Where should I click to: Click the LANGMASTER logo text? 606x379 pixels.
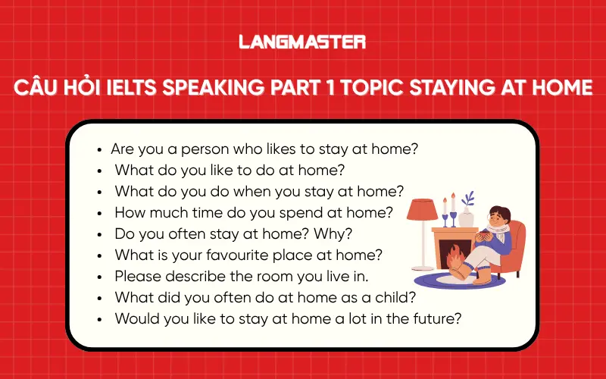(302, 42)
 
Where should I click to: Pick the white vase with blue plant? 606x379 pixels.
(467, 216)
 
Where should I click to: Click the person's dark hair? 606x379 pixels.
(499, 210)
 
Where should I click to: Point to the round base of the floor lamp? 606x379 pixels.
(420, 266)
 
